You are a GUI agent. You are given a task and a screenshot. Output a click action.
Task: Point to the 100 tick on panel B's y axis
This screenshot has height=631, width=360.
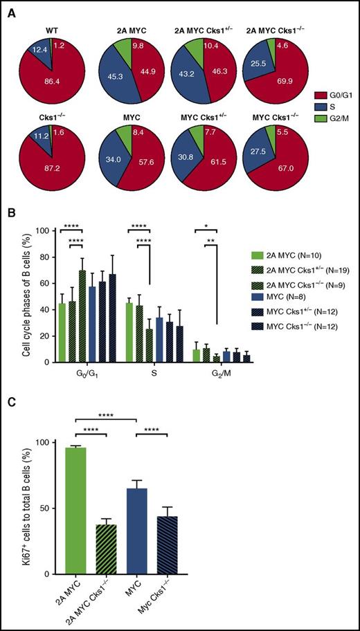point(45,230)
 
